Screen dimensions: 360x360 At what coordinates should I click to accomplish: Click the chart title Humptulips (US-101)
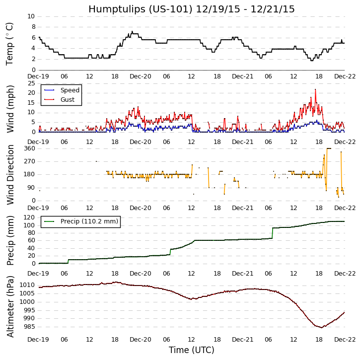[x=191, y=9]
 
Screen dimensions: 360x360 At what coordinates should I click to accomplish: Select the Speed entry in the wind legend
[x=70, y=90]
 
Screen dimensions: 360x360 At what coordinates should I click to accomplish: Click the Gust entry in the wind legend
[x=68, y=99]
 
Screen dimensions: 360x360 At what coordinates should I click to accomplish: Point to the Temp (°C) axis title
[x=10, y=43]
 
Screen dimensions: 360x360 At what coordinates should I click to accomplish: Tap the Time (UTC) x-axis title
[x=191, y=350]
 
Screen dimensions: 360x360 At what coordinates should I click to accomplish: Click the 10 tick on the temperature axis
[x=31, y=16]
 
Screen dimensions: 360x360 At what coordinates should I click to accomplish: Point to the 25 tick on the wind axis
[x=31, y=83]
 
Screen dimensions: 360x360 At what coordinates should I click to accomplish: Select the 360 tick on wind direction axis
[x=29, y=148]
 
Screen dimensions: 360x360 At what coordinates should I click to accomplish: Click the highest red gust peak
[x=315, y=89]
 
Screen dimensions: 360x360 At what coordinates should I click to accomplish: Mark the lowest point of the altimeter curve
[x=321, y=328]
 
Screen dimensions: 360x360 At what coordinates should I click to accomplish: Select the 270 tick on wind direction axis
[x=29, y=161]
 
